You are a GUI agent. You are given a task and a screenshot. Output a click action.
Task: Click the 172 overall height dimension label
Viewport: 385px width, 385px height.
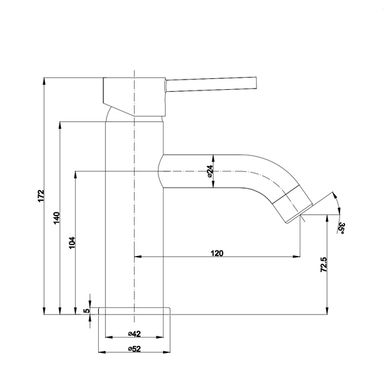(41, 196)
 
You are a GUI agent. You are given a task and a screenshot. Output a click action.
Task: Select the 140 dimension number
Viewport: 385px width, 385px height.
(56, 218)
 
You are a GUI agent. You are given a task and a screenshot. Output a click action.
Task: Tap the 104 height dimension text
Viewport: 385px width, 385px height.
(72, 243)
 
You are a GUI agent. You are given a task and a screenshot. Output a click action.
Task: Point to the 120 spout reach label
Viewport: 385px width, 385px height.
(217, 253)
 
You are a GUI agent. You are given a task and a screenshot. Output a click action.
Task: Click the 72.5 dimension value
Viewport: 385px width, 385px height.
(324, 264)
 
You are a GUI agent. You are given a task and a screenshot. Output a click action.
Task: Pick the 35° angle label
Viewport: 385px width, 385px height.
(341, 228)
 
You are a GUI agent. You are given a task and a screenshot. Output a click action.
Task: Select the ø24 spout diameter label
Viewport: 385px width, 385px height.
(209, 171)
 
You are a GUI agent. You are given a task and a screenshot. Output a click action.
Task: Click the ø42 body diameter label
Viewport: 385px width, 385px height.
(134, 334)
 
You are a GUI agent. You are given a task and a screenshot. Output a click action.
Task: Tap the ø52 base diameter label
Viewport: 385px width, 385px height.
(134, 348)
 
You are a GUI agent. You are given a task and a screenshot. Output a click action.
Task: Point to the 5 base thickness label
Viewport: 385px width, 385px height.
(87, 311)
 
